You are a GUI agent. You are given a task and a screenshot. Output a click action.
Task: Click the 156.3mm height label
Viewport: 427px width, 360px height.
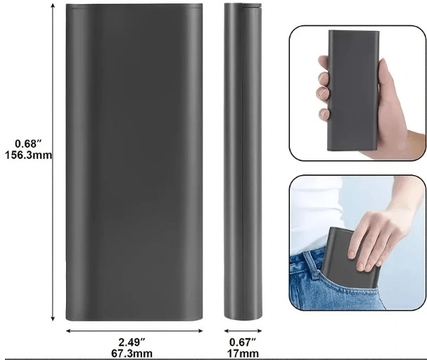pos(28,155)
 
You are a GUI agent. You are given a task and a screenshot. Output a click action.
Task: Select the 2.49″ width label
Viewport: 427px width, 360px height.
pos(132,342)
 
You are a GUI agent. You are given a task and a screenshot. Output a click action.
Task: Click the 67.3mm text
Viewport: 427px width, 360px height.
pos(132,354)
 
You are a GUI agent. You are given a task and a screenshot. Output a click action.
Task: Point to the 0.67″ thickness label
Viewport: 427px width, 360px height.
pos(243,342)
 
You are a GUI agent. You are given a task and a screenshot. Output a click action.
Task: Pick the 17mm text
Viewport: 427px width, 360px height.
pos(243,354)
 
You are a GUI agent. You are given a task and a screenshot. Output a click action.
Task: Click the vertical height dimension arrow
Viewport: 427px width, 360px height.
pos(53,162)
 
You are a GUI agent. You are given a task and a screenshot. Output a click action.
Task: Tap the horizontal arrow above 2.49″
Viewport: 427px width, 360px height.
pos(134,331)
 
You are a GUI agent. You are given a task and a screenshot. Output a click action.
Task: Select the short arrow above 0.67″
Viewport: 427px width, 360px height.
pos(243,331)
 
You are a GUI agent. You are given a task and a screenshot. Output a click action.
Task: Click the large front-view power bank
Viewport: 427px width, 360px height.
pos(134,162)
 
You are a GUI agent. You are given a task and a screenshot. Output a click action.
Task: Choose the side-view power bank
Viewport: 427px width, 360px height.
pos(243,161)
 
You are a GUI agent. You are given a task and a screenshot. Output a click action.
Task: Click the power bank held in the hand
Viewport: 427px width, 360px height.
pos(353,90)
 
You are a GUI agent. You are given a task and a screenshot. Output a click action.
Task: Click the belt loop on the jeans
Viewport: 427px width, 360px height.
pos(311,265)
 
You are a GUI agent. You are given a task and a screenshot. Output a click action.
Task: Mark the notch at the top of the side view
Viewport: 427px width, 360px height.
pos(252,5)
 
